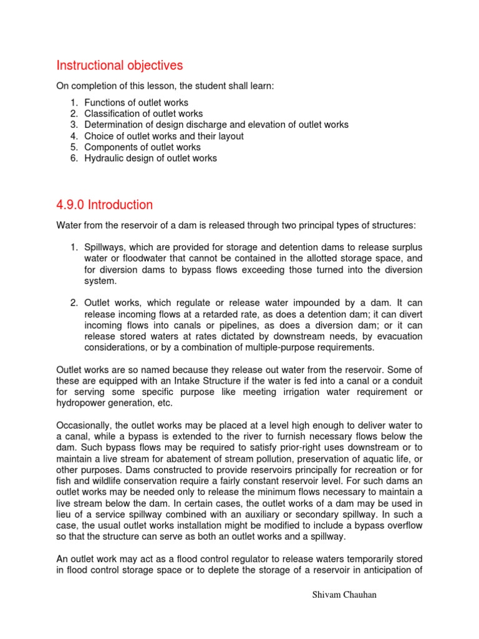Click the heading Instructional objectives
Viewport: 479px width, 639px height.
click(x=120, y=66)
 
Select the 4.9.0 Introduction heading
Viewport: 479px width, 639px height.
click(x=104, y=205)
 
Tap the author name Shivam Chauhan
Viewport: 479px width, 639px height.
click(x=344, y=595)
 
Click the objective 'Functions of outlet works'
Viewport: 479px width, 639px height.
click(x=136, y=102)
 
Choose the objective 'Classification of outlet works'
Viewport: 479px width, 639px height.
click(x=143, y=114)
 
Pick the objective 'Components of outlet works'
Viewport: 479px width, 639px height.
click(x=142, y=147)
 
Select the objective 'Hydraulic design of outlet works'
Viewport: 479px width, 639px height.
click(x=150, y=159)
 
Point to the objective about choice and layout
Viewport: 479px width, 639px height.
click(x=163, y=136)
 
